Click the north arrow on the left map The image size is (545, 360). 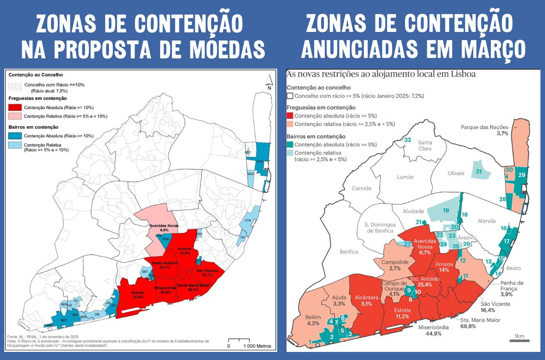tap(269, 81)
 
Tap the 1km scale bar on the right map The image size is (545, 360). tap(519, 340)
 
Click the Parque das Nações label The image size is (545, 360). tap(485, 127)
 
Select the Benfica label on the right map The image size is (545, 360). tap(349, 252)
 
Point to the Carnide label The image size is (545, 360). tap(361, 188)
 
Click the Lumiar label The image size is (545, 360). tap(405, 177)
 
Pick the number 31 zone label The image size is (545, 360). tap(479, 171)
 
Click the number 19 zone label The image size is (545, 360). tap(445, 210)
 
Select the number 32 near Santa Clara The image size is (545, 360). tap(407, 140)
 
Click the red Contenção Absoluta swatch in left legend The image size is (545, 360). tap(15, 107)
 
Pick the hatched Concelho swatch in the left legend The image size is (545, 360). tap(15, 86)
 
